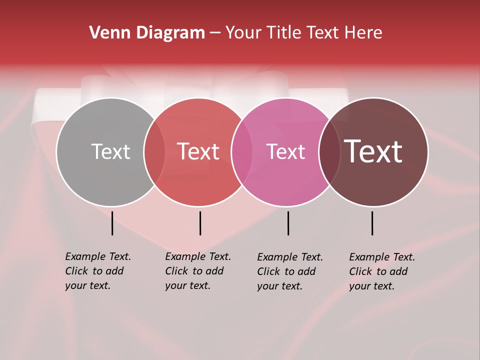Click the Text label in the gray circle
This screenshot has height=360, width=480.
pos(110,151)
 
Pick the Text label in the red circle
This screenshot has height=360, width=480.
pos(198,151)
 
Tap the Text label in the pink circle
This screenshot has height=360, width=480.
pos(285,151)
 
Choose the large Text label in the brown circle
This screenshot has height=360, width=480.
pos(373,151)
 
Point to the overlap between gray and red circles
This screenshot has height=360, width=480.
pos(154,152)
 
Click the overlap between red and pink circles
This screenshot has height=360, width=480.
pos(242,152)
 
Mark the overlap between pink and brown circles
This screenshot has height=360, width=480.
pos(329,152)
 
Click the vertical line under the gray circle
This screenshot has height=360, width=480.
pos(112,223)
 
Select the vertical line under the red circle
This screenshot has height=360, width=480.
pos(200,223)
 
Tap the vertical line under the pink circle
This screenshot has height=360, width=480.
pos(288,223)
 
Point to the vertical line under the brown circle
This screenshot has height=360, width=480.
pos(372,223)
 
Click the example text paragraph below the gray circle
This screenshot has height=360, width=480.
pos(98,271)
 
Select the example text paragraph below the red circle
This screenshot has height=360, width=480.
pos(198,271)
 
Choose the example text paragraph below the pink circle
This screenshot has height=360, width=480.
pos(290,271)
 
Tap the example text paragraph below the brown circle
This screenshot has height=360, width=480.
pos(382,271)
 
